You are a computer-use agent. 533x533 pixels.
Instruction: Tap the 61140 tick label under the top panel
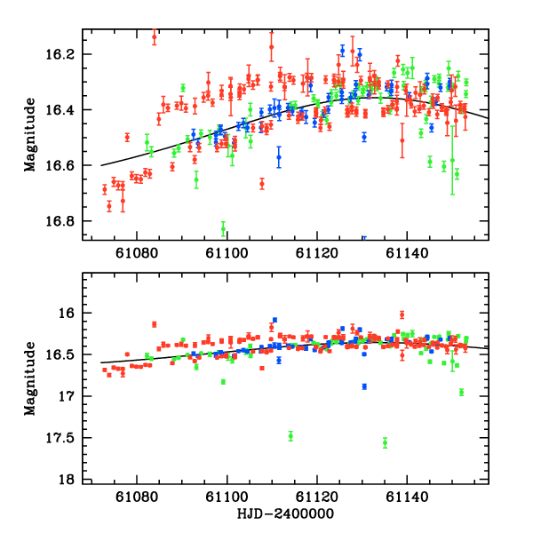click(407, 252)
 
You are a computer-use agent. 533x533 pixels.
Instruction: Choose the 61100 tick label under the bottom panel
click(227, 496)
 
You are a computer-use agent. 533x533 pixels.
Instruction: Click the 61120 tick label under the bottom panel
click(317, 496)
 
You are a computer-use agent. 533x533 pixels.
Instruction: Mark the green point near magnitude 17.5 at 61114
click(290, 436)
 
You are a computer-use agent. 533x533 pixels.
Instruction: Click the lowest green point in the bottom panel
click(385, 442)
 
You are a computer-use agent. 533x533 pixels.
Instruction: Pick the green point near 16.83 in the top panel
click(223, 229)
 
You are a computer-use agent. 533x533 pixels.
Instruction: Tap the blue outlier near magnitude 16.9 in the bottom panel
click(364, 386)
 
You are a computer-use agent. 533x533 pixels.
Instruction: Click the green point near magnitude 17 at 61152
click(462, 392)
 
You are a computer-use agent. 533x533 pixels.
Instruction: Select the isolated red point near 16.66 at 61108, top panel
click(262, 184)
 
